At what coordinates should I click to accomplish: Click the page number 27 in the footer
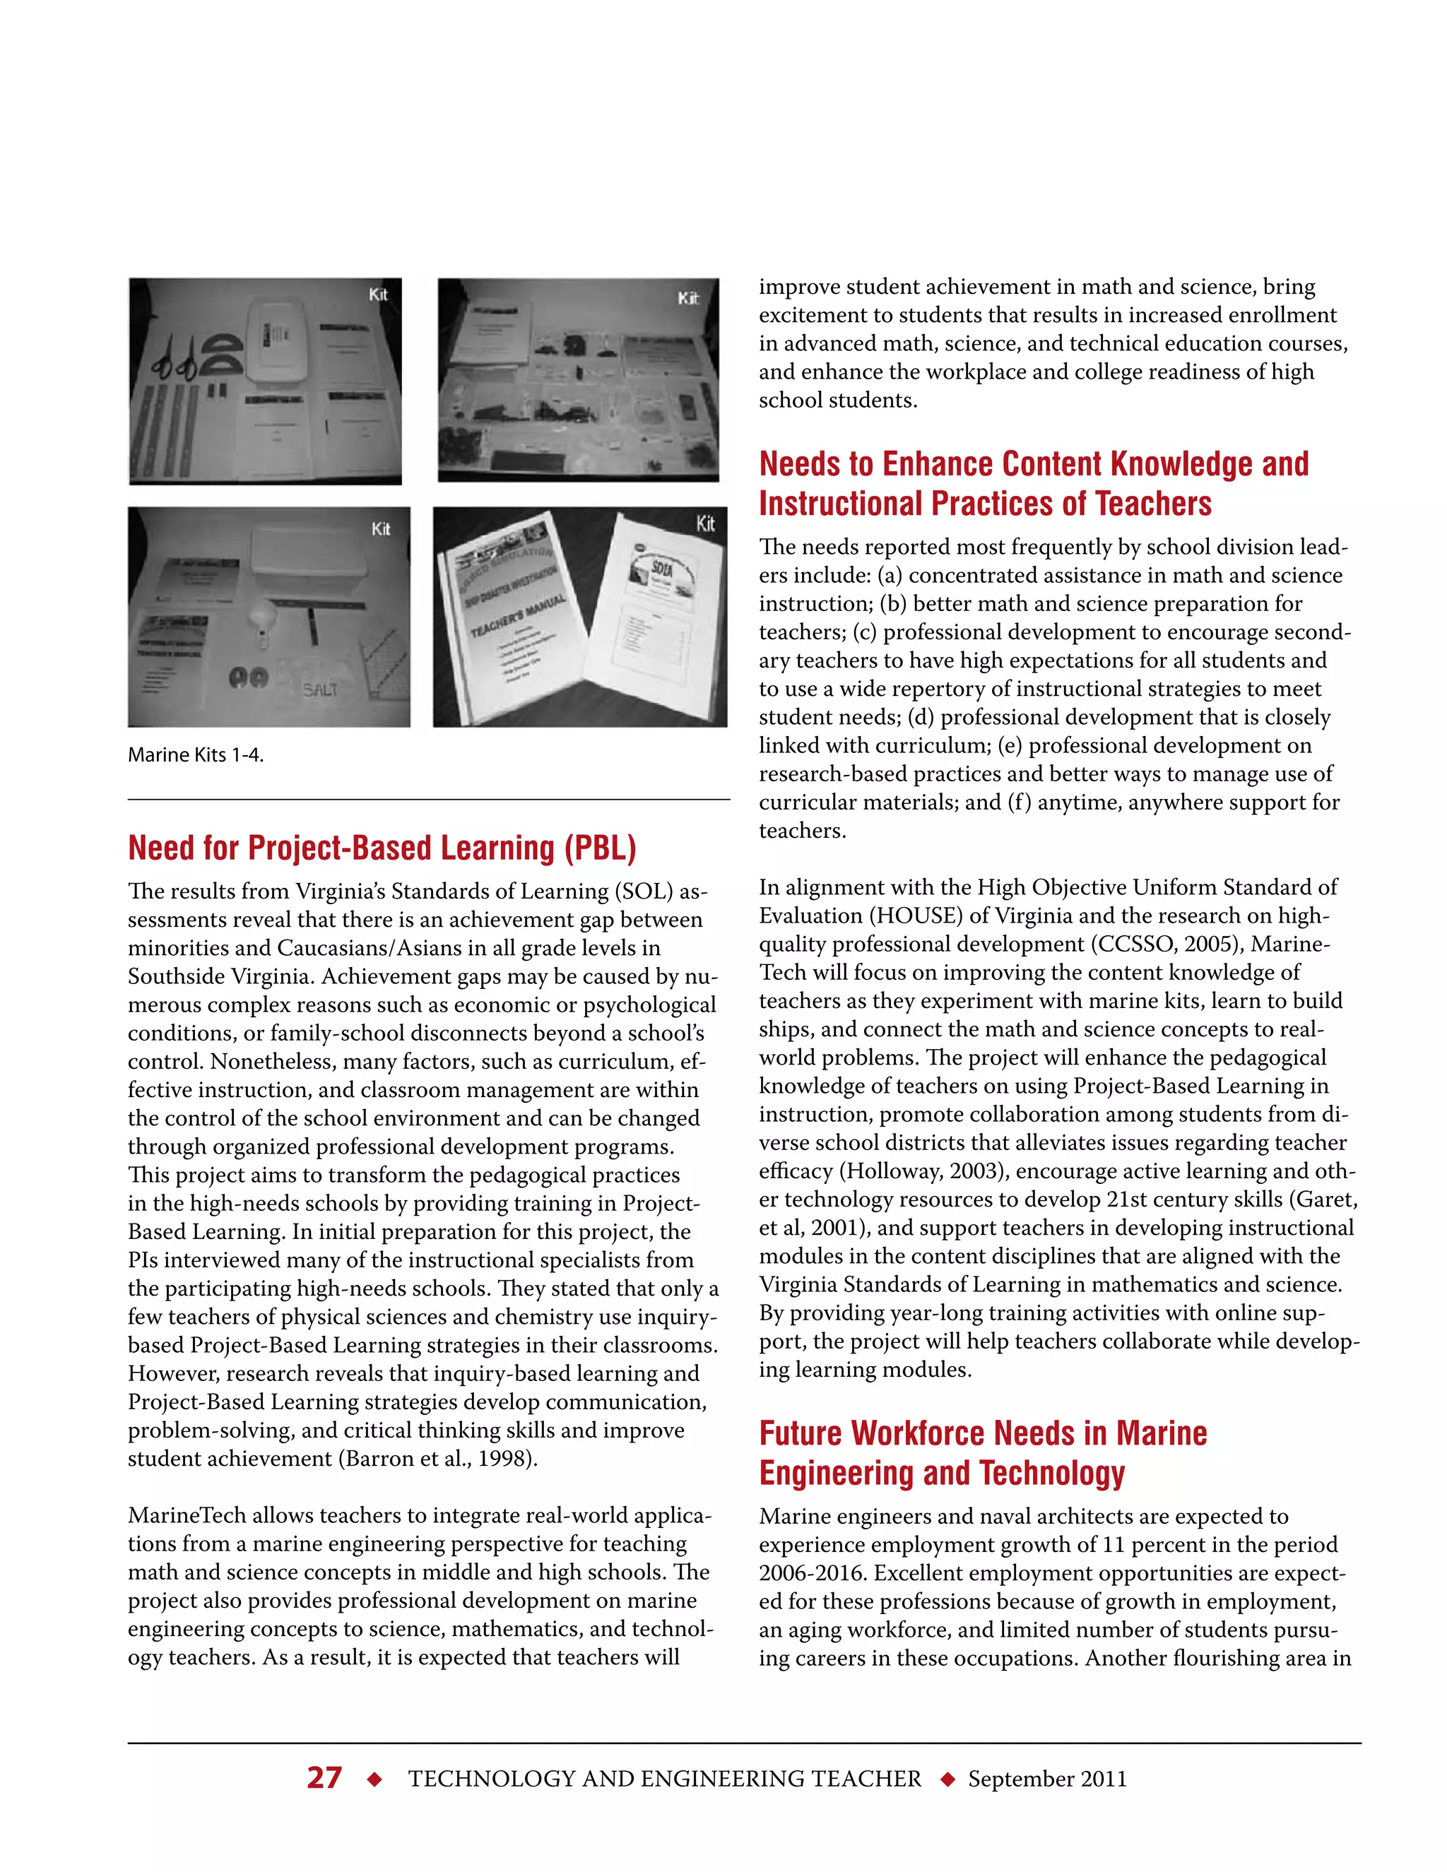pyautogui.click(x=324, y=1778)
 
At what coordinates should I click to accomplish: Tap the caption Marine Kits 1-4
pyautogui.click(x=196, y=755)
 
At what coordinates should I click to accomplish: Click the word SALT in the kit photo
pyautogui.click(x=320, y=690)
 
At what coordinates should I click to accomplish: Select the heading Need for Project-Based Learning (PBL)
pyautogui.click(x=382, y=848)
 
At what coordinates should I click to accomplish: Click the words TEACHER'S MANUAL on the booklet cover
pyautogui.click(x=519, y=615)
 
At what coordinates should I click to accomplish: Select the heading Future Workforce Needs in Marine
pyautogui.click(x=982, y=1433)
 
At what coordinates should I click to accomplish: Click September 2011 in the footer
pyautogui.click(x=1046, y=1779)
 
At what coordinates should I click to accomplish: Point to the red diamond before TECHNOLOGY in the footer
pyautogui.click(x=374, y=1779)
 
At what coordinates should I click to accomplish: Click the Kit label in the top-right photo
pyautogui.click(x=687, y=298)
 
